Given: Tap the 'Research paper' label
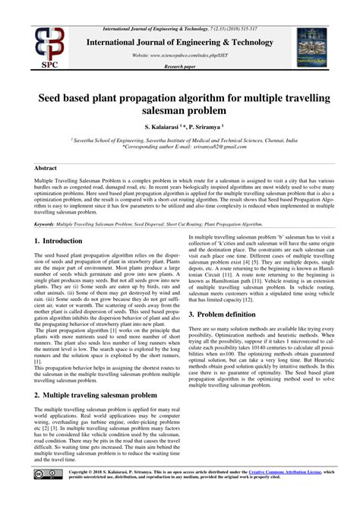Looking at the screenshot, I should tap(179, 68).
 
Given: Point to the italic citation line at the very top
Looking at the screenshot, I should tap(179, 7).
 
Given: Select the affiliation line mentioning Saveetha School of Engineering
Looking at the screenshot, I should tap(179, 141).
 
